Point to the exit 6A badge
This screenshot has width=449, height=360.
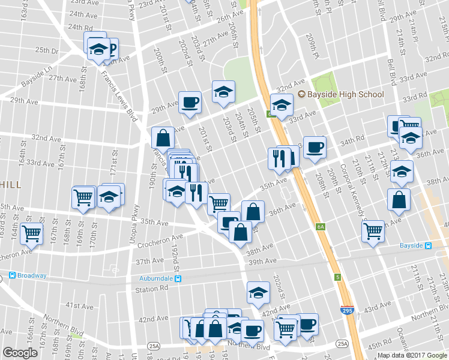coord(321,227)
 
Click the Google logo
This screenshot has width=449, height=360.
coord(20,352)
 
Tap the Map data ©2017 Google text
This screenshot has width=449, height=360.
coord(412,355)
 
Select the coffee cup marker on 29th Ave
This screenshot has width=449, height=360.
coord(190,101)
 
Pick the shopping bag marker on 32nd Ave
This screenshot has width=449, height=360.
coord(163,137)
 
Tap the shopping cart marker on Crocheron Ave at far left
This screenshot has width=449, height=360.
coord(31,233)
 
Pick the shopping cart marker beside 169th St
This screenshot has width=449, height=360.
coord(83,196)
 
